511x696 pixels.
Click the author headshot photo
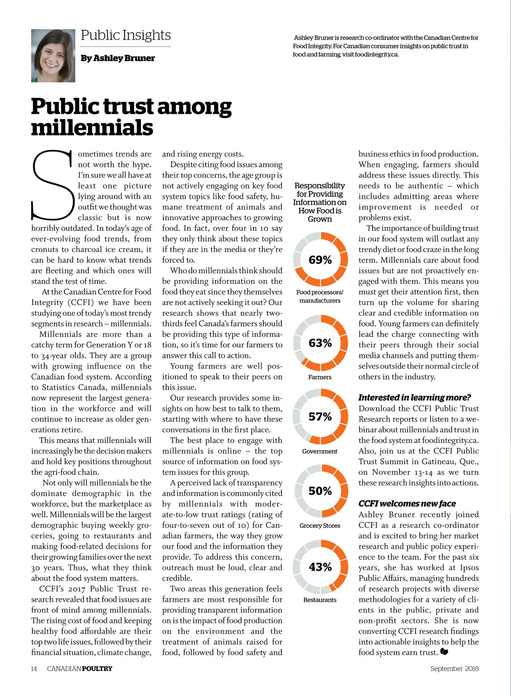(x=53, y=56)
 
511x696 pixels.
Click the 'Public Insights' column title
(x=126, y=35)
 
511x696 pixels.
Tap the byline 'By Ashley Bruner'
(x=118, y=58)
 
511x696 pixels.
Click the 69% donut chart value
(x=320, y=260)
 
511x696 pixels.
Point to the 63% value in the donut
(x=320, y=343)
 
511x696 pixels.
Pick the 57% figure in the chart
(x=320, y=417)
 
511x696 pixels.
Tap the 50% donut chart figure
(x=320, y=491)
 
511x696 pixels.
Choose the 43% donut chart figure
(x=320, y=567)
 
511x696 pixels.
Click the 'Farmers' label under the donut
(x=320, y=377)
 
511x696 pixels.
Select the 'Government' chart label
(x=320, y=451)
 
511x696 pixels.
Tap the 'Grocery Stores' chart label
(x=320, y=526)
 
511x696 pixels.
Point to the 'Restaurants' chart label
(x=320, y=600)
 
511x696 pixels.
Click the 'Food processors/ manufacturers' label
(x=320, y=296)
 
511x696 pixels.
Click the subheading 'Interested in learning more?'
(x=414, y=397)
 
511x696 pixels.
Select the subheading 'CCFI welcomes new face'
(x=407, y=503)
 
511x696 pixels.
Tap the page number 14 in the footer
(x=34, y=668)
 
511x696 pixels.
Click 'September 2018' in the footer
(x=454, y=668)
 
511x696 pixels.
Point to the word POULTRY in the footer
(x=97, y=668)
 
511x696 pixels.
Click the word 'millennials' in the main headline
(x=92, y=128)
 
